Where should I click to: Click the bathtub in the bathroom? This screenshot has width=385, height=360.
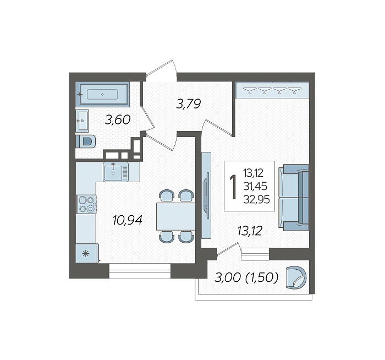102,94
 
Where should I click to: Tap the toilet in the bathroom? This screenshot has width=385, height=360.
85,141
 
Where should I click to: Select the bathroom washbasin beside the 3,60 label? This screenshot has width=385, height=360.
82,121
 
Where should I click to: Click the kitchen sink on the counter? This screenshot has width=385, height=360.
116,172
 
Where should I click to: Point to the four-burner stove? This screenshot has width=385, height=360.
86,204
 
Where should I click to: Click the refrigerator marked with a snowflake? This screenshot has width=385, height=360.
87,253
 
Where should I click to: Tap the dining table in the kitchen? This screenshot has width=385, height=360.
176,216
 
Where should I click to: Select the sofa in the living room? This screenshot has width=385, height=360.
294,198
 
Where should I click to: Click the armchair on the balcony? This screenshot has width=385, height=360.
296,277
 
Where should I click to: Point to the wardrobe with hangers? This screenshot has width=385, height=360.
272,90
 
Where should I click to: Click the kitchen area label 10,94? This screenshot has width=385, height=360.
128,220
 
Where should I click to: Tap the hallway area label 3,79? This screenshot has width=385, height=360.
188,103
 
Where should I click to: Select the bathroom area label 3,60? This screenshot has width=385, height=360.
117,120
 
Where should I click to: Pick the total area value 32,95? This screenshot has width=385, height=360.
257,199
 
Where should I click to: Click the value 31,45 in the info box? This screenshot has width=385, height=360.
255,186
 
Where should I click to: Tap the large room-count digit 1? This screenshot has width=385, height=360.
233,187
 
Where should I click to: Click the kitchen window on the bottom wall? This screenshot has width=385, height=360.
140,271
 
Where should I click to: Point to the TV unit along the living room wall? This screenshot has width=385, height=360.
206,195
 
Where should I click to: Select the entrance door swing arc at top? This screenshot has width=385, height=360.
174,69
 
